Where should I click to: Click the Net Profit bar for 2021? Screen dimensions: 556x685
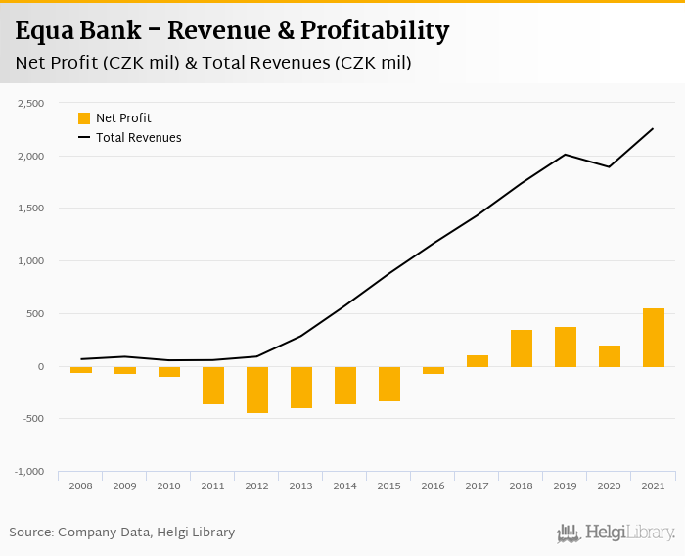[x=653, y=338]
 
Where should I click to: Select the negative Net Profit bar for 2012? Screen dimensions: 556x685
[x=256, y=390]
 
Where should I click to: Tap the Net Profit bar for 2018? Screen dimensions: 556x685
[x=521, y=348]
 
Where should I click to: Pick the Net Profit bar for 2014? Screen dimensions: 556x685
[x=344, y=386]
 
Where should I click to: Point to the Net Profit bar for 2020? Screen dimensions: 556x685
[x=609, y=356]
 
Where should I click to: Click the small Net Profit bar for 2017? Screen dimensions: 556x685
[x=477, y=361]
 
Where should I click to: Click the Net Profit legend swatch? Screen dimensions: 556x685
[x=84, y=118]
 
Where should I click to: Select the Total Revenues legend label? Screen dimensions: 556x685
[x=138, y=138]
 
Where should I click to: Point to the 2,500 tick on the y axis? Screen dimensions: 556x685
[x=31, y=103]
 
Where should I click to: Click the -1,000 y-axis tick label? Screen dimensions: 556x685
[x=30, y=472]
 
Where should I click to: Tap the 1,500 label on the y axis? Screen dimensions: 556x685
[x=31, y=208]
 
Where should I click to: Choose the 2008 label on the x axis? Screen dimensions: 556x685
[x=80, y=486]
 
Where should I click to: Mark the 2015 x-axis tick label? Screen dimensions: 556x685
[x=388, y=486]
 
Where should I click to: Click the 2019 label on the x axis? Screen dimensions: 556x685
[x=565, y=486]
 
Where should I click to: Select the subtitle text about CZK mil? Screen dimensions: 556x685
[x=213, y=63]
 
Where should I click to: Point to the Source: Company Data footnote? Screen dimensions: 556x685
[x=122, y=533]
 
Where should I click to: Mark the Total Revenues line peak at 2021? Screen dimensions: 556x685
[x=653, y=128]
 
